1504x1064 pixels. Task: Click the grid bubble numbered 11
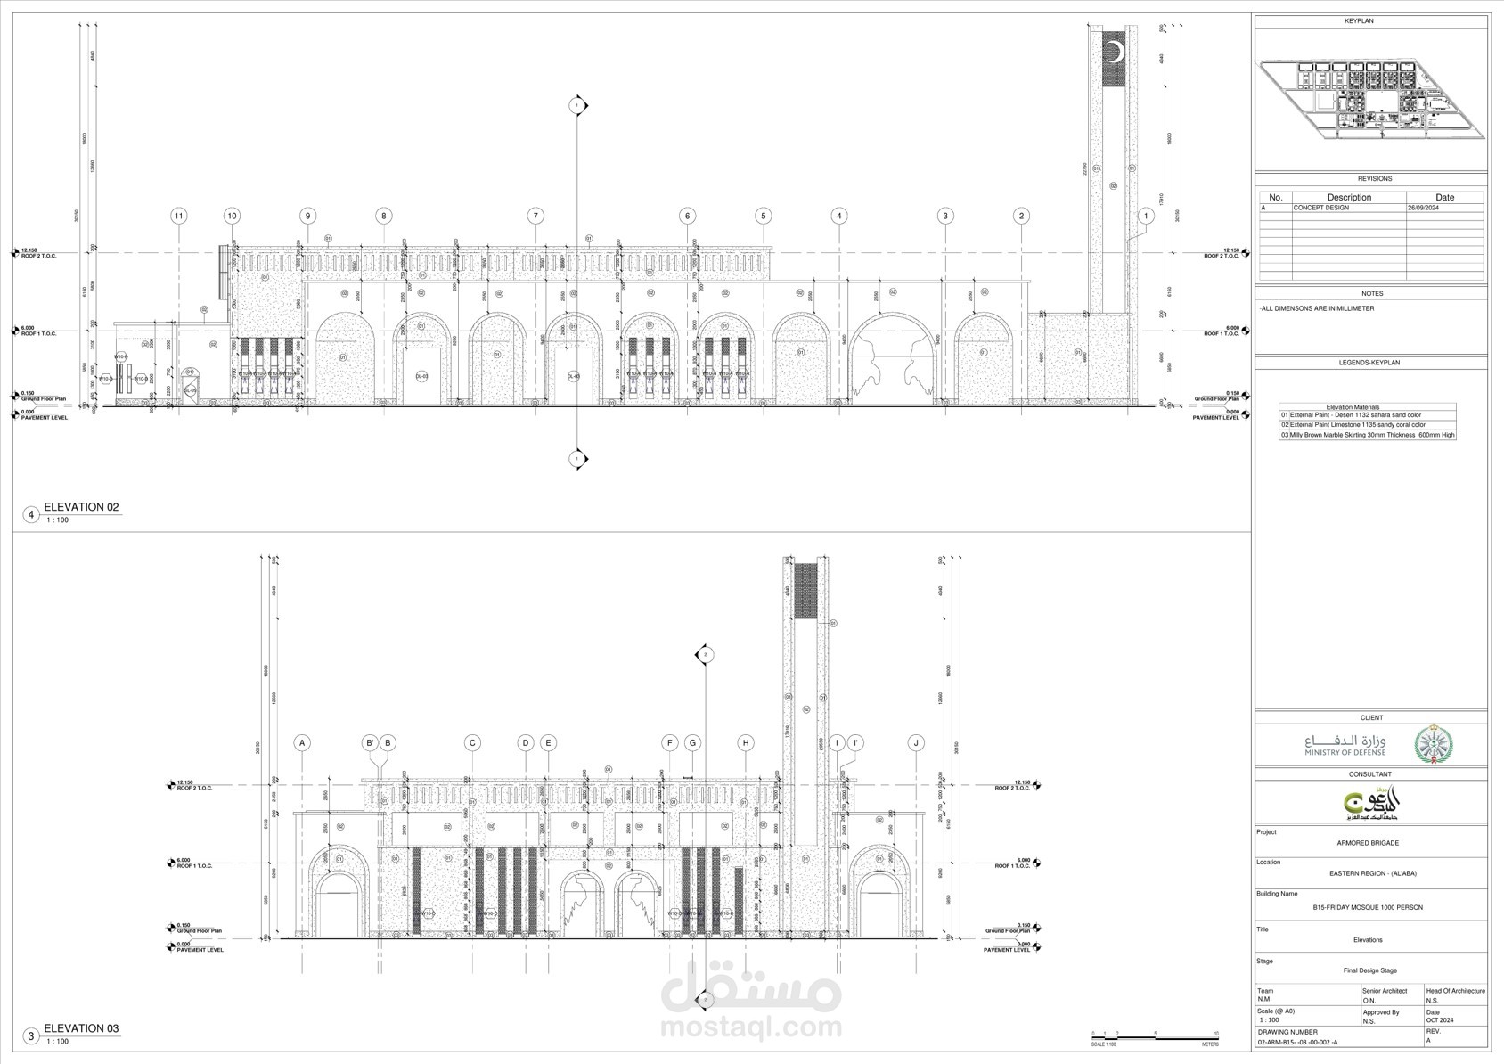pyautogui.click(x=179, y=216)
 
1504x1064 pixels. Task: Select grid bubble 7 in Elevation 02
pyautogui.click(x=535, y=216)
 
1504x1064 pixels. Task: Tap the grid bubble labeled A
pyautogui.click(x=303, y=742)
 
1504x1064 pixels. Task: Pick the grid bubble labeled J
pyautogui.click(x=916, y=742)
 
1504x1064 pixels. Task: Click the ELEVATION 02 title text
pyautogui.click(x=81, y=507)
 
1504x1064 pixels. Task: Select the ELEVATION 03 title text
pyautogui.click(x=81, y=1028)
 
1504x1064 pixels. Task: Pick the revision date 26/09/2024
pyautogui.click(x=1424, y=208)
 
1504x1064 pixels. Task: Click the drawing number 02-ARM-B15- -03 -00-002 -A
pyautogui.click(x=1296, y=1042)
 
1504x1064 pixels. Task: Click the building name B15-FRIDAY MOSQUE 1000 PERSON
pyautogui.click(x=1368, y=907)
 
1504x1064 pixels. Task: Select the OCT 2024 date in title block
pyautogui.click(x=1439, y=1021)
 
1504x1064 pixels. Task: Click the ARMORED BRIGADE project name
pyautogui.click(x=1368, y=843)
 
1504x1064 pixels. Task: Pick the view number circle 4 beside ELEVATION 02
pyautogui.click(x=31, y=514)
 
